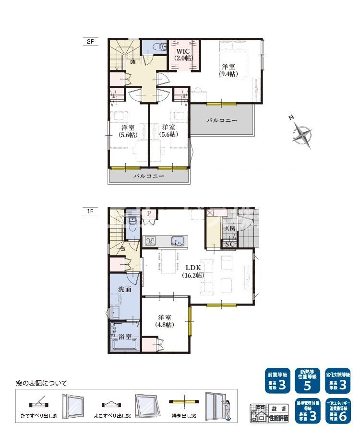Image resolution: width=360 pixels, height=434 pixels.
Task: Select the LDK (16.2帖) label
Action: pyautogui.click(x=193, y=271)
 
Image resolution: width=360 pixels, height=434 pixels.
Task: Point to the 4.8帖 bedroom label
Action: pyautogui.click(x=165, y=321)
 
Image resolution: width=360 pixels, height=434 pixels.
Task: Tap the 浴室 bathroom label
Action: pyautogui.click(x=125, y=337)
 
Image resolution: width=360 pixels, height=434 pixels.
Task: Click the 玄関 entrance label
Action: pyautogui.click(x=229, y=229)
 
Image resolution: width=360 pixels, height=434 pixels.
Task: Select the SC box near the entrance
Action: pyautogui.click(x=229, y=244)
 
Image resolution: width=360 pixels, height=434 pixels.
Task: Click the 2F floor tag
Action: pyautogui.click(x=90, y=42)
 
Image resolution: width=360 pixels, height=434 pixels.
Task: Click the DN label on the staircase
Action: pyautogui.click(x=132, y=61)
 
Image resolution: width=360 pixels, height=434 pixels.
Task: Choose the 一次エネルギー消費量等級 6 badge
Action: pyautogui.click(x=338, y=411)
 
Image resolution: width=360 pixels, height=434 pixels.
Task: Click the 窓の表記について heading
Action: pyautogui.click(x=42, y=383)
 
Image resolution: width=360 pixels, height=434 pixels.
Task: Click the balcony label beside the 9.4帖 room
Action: pyautogui.click(x=222, y=120)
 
